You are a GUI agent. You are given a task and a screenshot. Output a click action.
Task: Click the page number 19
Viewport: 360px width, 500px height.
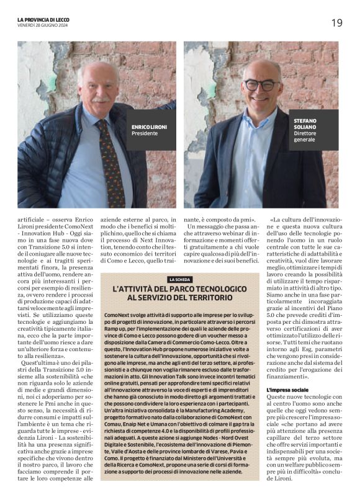336,24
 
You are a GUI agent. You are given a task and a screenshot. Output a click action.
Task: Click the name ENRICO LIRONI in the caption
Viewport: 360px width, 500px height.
149,127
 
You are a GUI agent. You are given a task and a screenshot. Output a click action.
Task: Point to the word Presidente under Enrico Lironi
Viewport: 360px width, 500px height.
143,132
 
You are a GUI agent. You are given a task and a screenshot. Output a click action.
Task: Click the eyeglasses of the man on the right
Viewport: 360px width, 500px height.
261,84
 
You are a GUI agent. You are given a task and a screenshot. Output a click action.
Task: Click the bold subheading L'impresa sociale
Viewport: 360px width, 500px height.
287,390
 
